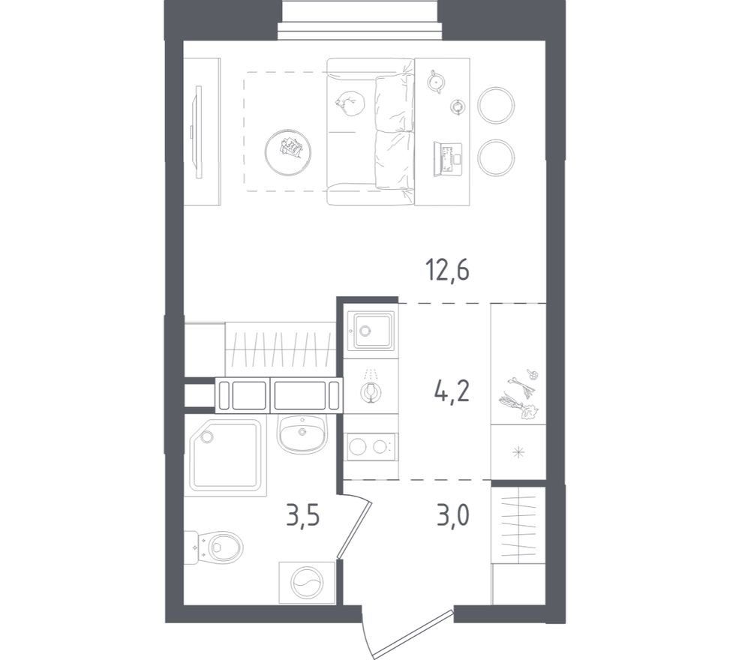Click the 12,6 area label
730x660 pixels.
(x=447, y=271)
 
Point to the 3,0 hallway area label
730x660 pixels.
(x=452, y=517)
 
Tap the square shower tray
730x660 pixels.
(x=225, y=454)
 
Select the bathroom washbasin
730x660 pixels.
(x=302, y=433)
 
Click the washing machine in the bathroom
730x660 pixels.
(x=307, y=583)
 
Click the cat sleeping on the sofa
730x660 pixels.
(x=347, y=103)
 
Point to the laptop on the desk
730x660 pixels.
(x=447, y=159)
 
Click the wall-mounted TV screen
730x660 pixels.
(x=199, y=131)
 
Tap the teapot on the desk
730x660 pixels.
(x=436, y=82)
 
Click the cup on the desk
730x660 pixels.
(x=457, y=106)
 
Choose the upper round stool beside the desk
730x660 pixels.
(x=496, y=105)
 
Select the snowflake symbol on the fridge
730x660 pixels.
(x=518, y=451)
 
